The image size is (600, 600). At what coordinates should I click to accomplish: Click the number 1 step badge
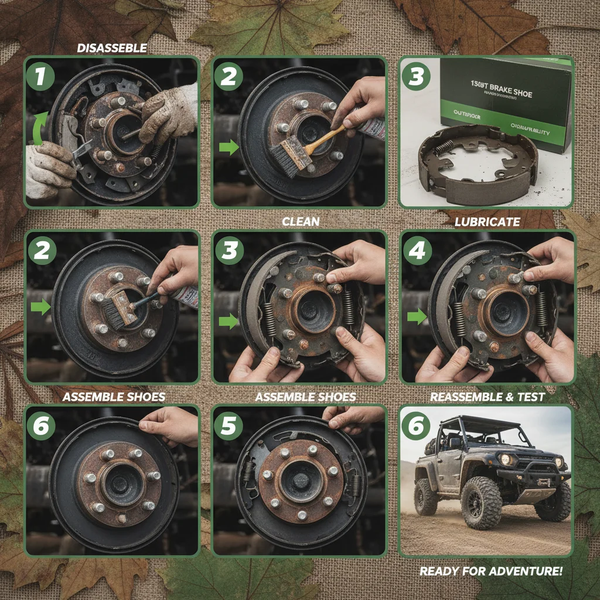pos(40,77)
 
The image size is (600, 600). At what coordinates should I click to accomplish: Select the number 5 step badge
pos(228,426)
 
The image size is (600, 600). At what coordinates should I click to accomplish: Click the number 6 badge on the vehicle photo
pos(415,426)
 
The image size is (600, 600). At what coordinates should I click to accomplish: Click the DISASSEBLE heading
pos(112,48)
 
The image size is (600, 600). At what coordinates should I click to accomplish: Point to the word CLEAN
pos(301,221)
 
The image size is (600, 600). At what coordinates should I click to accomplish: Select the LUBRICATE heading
pos(487,221)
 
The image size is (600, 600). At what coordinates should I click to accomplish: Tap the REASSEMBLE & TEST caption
pos(487,397)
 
